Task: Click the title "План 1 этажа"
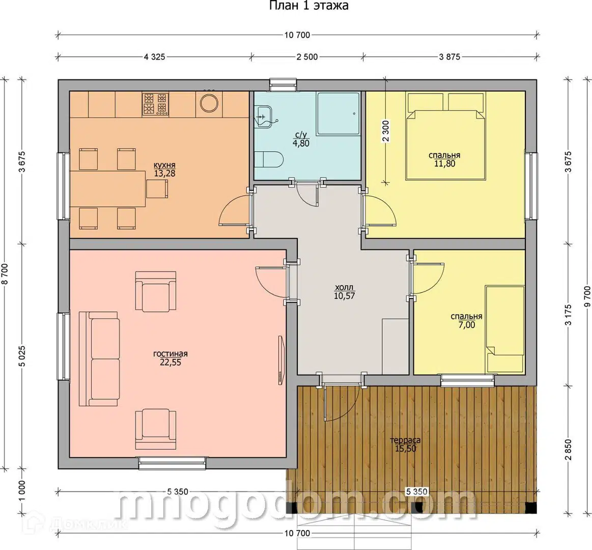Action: click(308, 6)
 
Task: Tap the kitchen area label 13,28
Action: click(164, 173)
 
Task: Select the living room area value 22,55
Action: click(171, 362)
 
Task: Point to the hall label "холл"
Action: click(344, 288)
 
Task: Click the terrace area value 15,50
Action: click(406, 449)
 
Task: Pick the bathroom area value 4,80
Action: click(301, 143)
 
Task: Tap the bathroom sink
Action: click(265, 116)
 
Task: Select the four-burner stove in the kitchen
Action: click(155, 104)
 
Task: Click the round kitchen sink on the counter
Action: click(209, 102)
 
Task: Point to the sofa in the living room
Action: click(99, 359)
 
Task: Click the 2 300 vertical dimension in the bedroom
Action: click(385, 131)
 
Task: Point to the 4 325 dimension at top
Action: click(154, 57)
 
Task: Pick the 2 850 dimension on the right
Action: click(569, 450)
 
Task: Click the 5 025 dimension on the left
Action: click(23, 356)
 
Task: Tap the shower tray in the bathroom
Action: click(339, 114)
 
